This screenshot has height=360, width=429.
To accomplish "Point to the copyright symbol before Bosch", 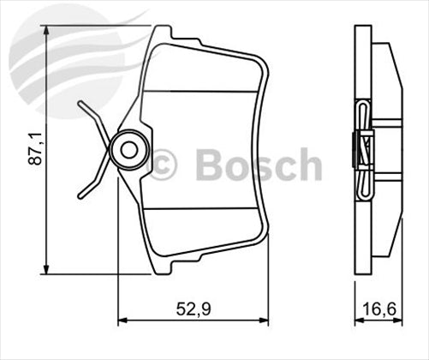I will pyautogui.click(x=163, y=164).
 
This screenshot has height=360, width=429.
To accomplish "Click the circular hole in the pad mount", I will pyautogui.click(x=128, y=150).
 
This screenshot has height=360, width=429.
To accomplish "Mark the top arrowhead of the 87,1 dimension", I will pyautogui.click(x=47, y=31).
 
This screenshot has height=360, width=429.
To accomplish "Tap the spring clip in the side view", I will pyautogui.click(x=365, y=150).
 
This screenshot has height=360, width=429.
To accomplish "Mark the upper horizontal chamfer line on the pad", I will pyautogui.click(x=202, y=91).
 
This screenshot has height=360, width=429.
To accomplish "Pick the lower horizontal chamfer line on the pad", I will pyautogui.click(x=202, y=212).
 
